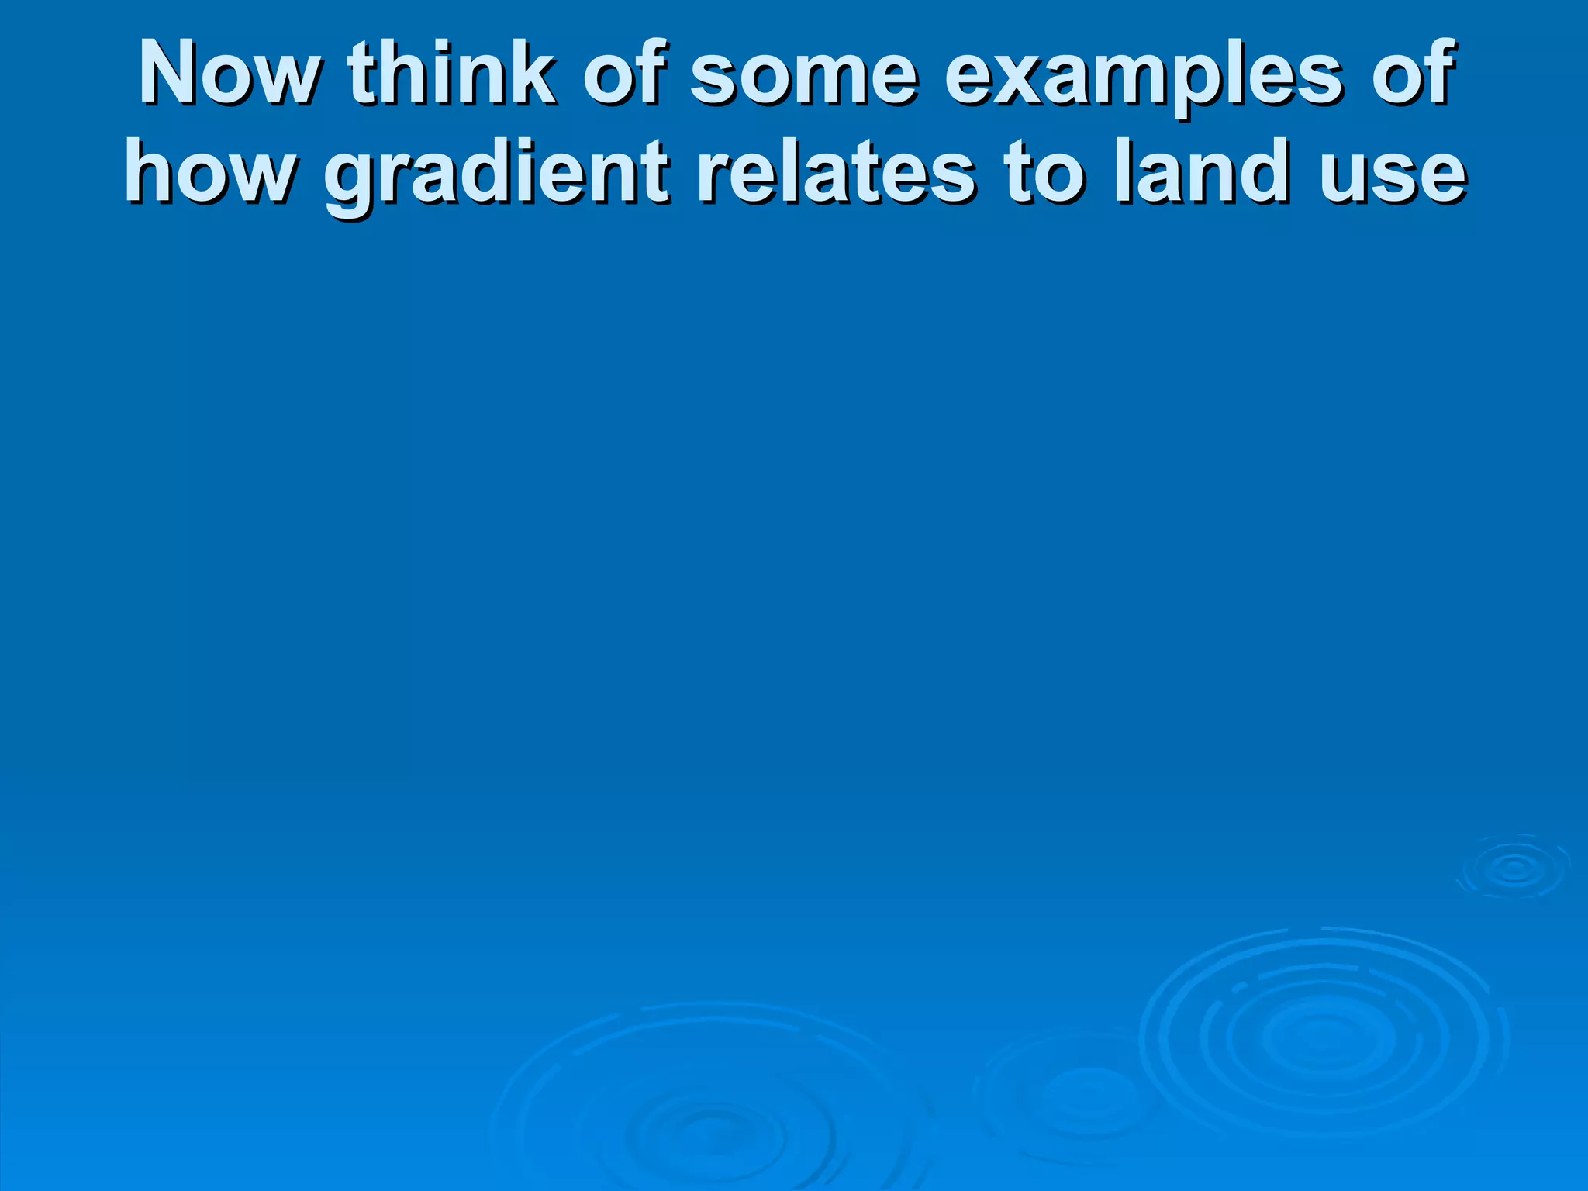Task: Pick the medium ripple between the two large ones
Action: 1086,1093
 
